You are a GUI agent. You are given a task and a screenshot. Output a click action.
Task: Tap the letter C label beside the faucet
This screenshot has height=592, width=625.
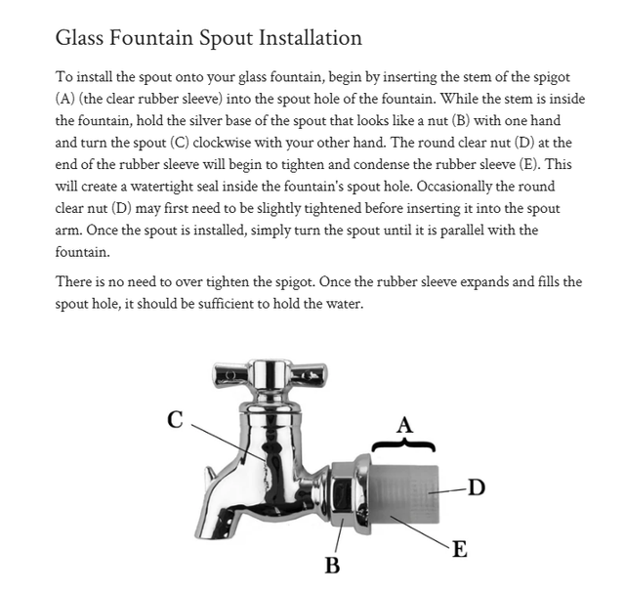(176, 419)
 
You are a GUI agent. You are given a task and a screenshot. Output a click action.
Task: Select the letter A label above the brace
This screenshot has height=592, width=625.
(405, 425)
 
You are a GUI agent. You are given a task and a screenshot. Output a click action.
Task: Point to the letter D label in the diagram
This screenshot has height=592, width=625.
(477, 487)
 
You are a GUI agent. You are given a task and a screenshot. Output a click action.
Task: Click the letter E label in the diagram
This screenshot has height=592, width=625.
(460, 549)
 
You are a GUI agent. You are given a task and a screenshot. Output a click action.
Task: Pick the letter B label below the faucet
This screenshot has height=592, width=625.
(332, 566)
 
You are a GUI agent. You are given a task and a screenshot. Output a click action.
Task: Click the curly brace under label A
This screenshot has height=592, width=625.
(403, 444)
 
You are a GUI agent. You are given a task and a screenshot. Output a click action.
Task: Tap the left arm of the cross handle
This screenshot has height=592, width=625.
(230, 375)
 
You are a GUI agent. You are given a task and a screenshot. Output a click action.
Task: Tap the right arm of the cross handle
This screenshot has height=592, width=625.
(309, 375)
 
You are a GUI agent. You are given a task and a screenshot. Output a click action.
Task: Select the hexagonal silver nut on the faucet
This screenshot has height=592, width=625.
(344, 495)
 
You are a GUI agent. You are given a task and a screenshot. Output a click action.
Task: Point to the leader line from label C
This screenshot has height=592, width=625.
(229, 443)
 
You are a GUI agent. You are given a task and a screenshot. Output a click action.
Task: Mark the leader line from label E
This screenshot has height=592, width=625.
(421, 531)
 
